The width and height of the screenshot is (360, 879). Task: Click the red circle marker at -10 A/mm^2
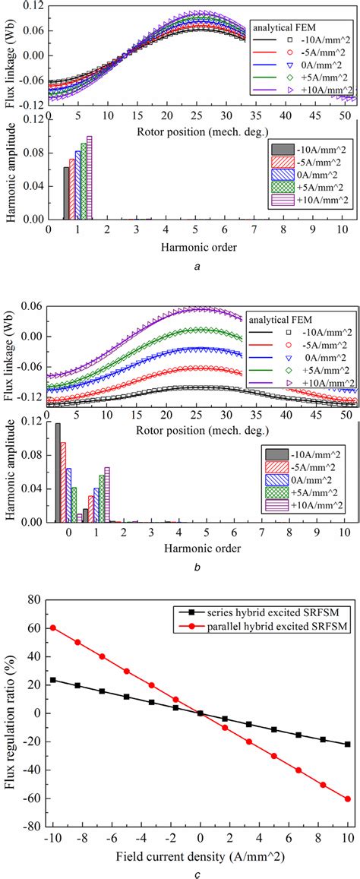(x=52, y=628)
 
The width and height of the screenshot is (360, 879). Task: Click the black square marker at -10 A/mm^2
(x=52, y=679)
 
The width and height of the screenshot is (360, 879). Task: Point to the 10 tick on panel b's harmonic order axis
(x=346, y=532)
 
